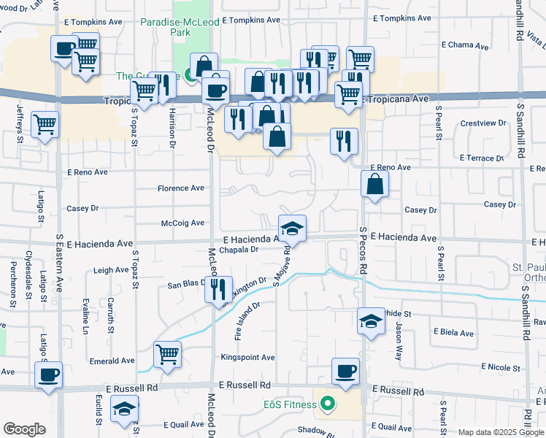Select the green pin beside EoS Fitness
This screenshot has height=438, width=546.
(328, 402)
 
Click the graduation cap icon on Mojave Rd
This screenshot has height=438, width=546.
(292, 229)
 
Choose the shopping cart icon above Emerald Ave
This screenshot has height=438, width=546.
(168, 355)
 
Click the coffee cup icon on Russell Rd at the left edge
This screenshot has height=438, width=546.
(48, 376)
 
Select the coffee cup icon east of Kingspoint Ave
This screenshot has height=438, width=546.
(345, 371)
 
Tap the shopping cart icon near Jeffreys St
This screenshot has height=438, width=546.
(45, 126)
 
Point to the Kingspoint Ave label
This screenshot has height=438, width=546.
(248, 358)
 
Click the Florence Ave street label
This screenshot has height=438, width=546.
(181, 188)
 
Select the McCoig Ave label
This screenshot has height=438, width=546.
(182, 223)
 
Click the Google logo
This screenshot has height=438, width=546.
(24, 429)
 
